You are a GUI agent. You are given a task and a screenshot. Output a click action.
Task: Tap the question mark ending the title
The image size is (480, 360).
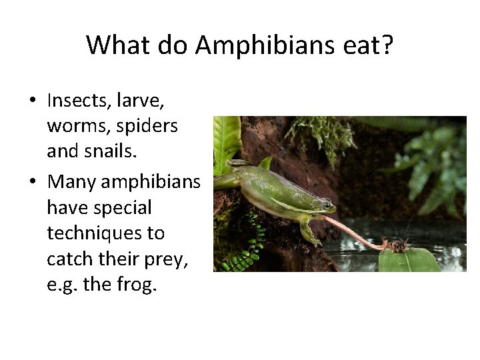pos(387,45)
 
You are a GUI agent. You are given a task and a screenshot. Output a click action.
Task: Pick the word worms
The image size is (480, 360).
pos(77,127)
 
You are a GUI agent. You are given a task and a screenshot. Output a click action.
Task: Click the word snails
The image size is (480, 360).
pos(111,152)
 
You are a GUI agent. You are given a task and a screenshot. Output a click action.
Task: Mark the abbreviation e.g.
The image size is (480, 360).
pos(61,286)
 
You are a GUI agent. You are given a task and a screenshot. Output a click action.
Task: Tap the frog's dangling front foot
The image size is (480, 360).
pos(309,236)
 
